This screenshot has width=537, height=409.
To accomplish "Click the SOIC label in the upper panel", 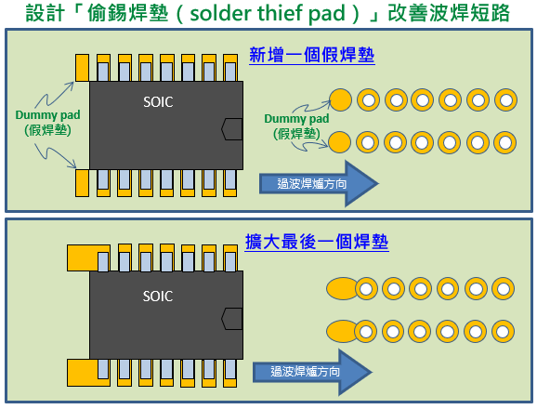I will pyautogui.click(x=158, y=101).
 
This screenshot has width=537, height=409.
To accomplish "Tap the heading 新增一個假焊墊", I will pyautogui.click(x=312, y=55).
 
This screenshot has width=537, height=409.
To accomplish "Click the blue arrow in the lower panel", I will pyautogui.click(x=312, y=371).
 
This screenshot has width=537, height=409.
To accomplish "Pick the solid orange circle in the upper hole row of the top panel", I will pyautogui.click(x=341, y=99).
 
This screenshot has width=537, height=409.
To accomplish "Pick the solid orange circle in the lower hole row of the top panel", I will pyautogui.click(x=341, y=141).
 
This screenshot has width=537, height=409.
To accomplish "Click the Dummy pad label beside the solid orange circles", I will pyautogui.click(x=295, y=125).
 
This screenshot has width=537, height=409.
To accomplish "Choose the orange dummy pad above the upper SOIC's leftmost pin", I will pyautogui.click(x=82, y=65).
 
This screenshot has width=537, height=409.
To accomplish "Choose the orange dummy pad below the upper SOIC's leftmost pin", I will pyautogui.click(x=82, y=184).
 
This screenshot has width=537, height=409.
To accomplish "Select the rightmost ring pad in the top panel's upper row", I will pyautogui.click(x=505, y=99).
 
